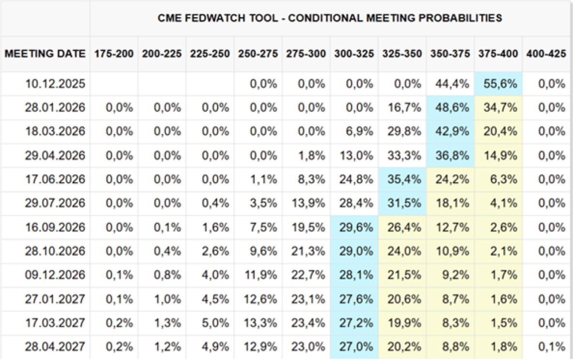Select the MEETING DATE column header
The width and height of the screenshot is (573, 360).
click(x=45, y=54)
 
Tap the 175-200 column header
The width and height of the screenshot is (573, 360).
click(x=114, y=54)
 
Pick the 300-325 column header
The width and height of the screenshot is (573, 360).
click(x=354, y=54)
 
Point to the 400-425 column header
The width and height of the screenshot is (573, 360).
click(x=546, y=54)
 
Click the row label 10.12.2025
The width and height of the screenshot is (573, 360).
click(x=55, y=84)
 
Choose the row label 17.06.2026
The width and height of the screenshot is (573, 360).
click(x=55, y=180)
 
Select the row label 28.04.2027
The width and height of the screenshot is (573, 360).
click(x=55, y=346)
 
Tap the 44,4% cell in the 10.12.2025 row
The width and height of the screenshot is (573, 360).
click(x=452, y=84)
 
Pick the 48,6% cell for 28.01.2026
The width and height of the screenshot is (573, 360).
click(x=452, y=107)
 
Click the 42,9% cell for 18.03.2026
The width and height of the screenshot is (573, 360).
click(x=452, y=131)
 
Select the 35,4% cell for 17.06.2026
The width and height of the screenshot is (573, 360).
click(x=404, y=180)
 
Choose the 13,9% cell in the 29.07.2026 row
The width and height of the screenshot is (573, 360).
click(x=308, y=203)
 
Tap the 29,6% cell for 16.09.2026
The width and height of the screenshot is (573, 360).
click(x=356, y=227)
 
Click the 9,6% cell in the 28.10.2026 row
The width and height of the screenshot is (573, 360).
click(x=263, y=251)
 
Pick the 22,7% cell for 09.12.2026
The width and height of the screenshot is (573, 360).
click(x=308, y=275)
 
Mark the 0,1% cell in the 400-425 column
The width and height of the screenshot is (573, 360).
click(x=552, y=346)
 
